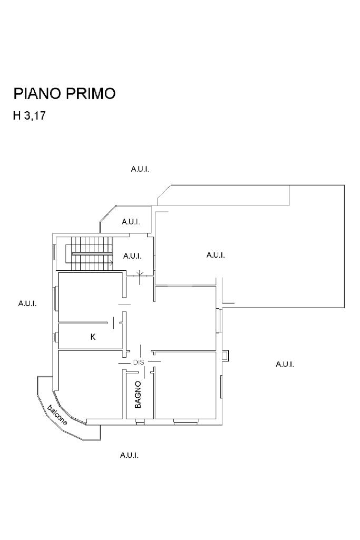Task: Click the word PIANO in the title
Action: (x=37, y=94)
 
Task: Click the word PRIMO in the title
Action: (x=91, y=94)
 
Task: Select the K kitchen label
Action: (x=93, y=337)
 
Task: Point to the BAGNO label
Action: (x=138, y=395)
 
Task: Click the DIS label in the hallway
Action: (x=139, y=362)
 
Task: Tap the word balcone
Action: (x=57, y=415)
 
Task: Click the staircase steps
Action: (x=93, y=252)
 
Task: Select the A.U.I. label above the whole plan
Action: (x=140, y=169)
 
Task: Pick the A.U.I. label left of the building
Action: (x=27, y=303)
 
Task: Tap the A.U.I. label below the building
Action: (x=129, y=455)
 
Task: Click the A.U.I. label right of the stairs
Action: (x=132, y=256)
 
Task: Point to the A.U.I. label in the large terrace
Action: (x=216, y=255)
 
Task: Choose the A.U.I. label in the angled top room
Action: (x=131, y=222)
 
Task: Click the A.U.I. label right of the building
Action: (x=285, y=364)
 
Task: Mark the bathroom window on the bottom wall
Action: (x=140, y=421)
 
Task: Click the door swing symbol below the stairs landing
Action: (x=140, y=274)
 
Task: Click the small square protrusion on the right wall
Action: (x=226, y=356)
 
